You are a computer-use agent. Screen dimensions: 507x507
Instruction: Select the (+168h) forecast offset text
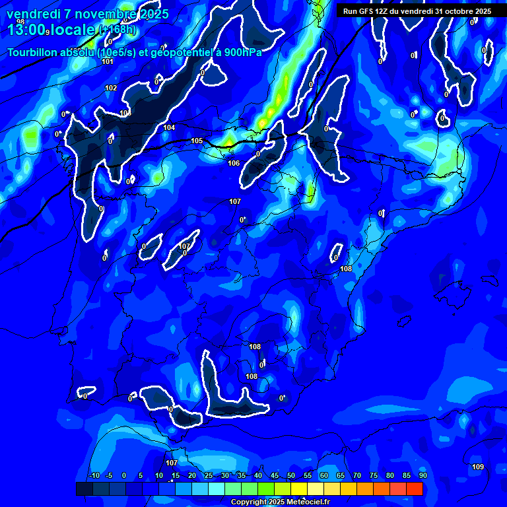pyautogui.click(x=118, y=30)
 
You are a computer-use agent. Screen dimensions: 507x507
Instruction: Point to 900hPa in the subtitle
pyautogui.click(x=239, y=52)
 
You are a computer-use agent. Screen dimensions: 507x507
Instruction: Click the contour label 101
pyautogui.click(x=108, y=61)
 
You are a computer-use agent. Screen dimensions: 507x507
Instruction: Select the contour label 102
pyautogui.click(x=111, y=88)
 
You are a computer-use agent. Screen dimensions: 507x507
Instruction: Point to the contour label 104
pyautogui.click(x=170, y=127)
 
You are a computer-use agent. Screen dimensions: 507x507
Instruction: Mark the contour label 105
pyautogui.click(x=197, y=141)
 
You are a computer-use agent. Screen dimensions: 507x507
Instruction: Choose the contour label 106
pyautogui.click(x=234, y=163)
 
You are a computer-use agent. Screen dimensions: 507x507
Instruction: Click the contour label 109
pyautogui.click(x=478, y=467)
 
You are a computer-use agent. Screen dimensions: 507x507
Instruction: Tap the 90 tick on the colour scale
pyautogui.click(x=422, y=475)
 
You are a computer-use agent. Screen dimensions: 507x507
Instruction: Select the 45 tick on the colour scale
pyautogui.click(x=275, y=475)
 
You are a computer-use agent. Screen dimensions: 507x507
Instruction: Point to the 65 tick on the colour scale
pyautogui.click(x=341, y=475)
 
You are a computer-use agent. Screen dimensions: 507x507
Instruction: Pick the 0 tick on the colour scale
pyautogui.click(x=124, y=475)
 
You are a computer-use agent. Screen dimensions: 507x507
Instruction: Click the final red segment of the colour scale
pyautogui.click(x=415, y=489)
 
